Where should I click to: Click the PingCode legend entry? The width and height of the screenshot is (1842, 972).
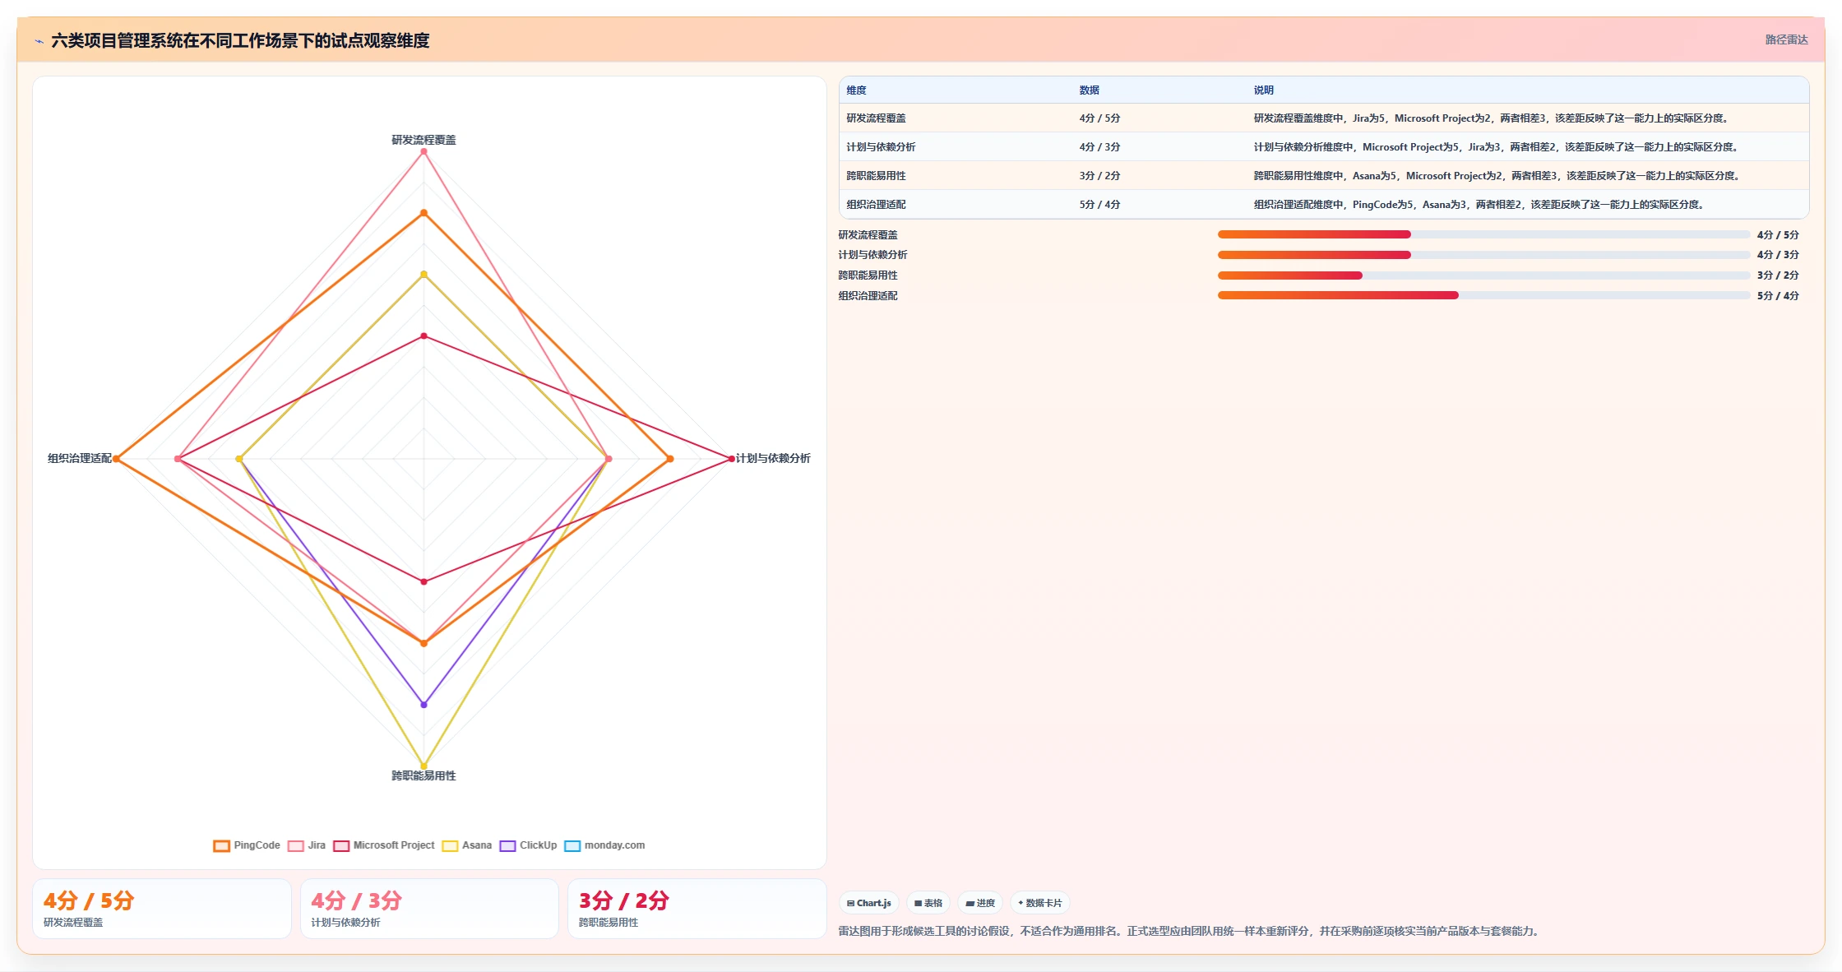click(247, 845)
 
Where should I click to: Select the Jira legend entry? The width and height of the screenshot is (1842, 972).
click(307, 845)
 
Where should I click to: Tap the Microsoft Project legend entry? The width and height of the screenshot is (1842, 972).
click(384, 845)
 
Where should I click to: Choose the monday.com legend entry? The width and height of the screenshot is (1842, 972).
click(604, 845)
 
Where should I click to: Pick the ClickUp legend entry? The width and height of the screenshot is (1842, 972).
click(528, 845)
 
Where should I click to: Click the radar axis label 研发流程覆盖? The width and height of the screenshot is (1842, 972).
click(423, 140)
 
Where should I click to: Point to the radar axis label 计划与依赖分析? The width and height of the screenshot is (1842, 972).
click(773, 458)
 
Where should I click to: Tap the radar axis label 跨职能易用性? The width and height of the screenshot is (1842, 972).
click(423, 775)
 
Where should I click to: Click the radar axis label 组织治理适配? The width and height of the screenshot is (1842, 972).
click(80, 458)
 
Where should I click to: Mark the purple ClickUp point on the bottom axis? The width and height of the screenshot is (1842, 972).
click(424, 705)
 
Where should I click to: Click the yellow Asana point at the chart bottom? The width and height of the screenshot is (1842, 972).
click(424, 766)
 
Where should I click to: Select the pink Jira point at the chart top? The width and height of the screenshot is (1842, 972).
click(424, 151)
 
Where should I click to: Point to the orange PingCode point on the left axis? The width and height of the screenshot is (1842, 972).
click(117, 459)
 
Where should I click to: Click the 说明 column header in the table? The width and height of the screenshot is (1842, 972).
click(1263, 90)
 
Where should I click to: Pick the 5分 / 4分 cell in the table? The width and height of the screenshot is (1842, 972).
click(1099, 205)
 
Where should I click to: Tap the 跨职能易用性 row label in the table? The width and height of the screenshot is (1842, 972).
click(876, 176)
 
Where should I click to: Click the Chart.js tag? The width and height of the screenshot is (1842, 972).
click(869, 903)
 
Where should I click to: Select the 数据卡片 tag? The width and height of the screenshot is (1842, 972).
click(1040, 903)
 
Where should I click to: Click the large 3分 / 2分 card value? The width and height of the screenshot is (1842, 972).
click(623, 900)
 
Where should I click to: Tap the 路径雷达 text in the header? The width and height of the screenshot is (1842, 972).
click(1786, 39)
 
